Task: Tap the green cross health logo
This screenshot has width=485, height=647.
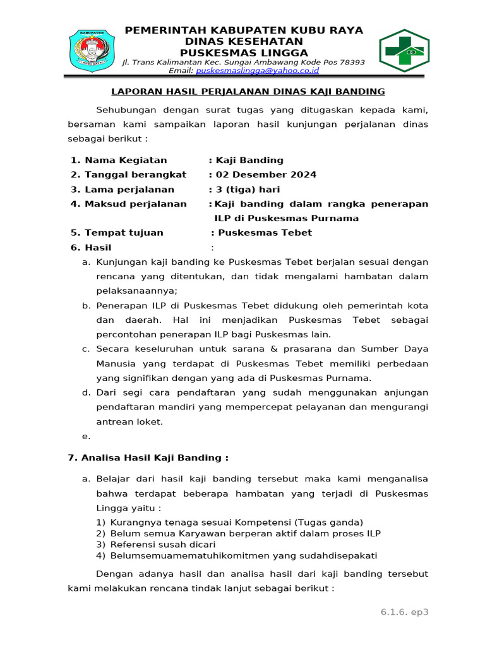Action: tap(404, 51)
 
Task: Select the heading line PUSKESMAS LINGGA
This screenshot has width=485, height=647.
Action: tap(244, 52)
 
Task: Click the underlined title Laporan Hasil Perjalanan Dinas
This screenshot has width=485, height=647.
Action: tap(248, 92)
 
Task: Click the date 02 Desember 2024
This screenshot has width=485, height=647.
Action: tap(266, 174)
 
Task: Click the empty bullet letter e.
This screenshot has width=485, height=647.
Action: tap(86, 436)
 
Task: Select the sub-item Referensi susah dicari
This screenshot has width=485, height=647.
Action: tap(163, 544)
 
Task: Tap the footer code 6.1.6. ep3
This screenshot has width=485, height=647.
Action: tap(404, 612)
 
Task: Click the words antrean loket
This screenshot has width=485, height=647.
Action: tap(129, 421)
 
